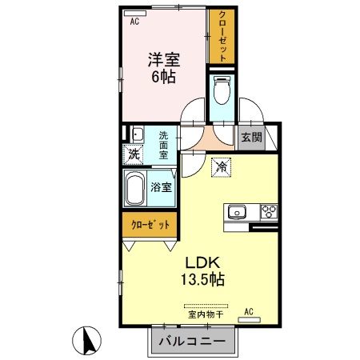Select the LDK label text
pos(204,263)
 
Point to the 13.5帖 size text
pos(204,280)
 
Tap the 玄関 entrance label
pos(251,137)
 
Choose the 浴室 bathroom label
pos(161,187)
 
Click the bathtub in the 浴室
pos(137,190)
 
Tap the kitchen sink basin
pos(236,212)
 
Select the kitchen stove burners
pos(267,212)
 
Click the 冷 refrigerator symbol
pos(222,167)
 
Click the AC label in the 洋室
pos(134,22)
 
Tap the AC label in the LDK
pos(249,310)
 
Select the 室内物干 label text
pos(206,314)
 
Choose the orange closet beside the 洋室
pos(221,37)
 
